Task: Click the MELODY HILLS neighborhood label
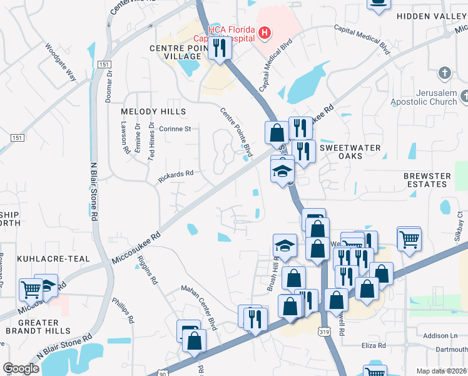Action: coord(153,112)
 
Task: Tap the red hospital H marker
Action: coord(265,33)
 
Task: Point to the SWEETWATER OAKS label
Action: coord(350,151)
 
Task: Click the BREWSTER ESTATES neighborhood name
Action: coord(427,180)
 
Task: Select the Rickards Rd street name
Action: coord(175,177)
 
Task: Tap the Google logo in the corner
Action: coord(21,368)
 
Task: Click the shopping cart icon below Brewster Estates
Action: coord(409,238)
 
